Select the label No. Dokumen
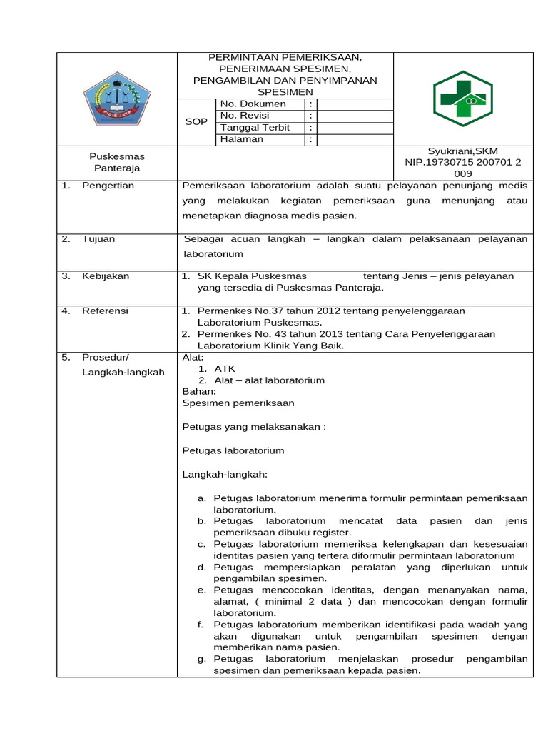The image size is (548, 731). coord(253,104)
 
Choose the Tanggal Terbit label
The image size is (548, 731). coord(255,128)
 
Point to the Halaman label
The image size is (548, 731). coord(242,139)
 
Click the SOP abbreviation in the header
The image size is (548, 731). coord(196,122)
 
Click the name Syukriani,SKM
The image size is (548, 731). coord(462,151)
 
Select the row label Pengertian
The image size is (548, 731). coord(108,186)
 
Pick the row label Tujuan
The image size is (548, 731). coord(98,239)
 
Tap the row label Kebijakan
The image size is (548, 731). coord(106,276)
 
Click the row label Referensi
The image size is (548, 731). coord(105,311)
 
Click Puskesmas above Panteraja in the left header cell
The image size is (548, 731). coord(117,156)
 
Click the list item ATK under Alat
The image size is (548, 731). coord(224,369)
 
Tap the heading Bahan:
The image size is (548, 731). coord(199,392)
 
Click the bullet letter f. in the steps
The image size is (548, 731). coord(201,625)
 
